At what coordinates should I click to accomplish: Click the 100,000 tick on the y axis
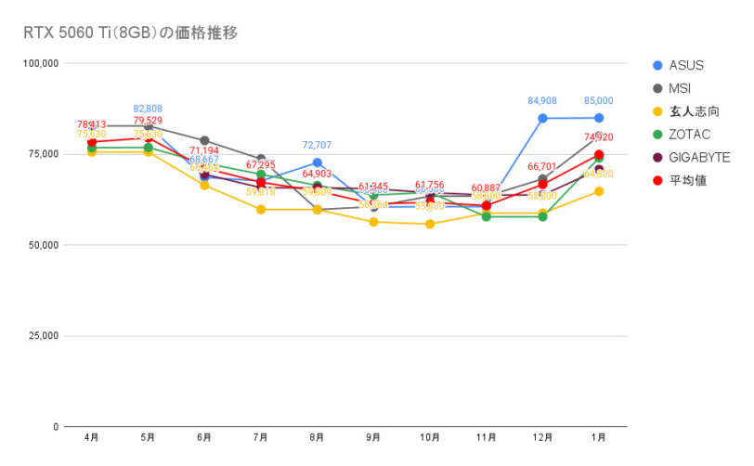click(x=41, y=63)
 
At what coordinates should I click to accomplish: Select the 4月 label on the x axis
click(x=91, y=436)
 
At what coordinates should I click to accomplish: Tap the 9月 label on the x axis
click(x=373, y=436)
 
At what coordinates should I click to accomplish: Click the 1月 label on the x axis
click(x=599, y=436)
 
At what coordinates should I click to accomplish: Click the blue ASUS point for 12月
click(x=542, y=118)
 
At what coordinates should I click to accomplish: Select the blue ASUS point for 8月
click(x=317, y=162)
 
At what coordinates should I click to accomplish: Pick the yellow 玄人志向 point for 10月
click(x=430, y=224)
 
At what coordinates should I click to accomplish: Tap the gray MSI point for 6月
click(x=204, y=140)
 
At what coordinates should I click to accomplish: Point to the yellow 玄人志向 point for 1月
click(x=599, y=191)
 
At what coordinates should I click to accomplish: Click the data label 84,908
click(x=542, y=101)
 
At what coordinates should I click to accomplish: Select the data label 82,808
click(x=149, y=109)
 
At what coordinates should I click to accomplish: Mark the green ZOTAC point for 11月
click(x=486, y=216)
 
